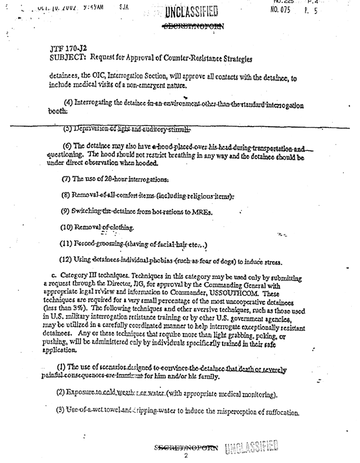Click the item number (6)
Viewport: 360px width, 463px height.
[66, 146]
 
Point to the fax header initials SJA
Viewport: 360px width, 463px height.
[123, 8]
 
